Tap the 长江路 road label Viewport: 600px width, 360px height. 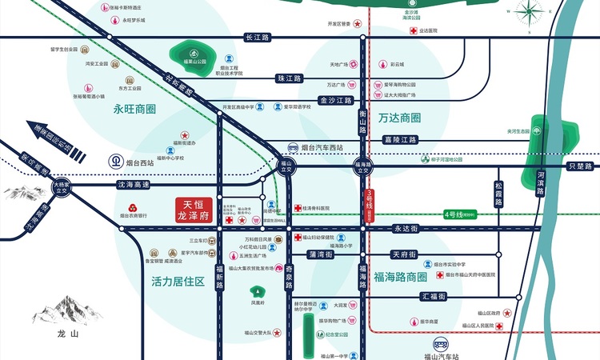[258, 38]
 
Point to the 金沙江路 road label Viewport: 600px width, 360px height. [336, 101]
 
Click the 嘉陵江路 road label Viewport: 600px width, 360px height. [401, 139]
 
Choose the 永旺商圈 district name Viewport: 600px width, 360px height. [134, 109]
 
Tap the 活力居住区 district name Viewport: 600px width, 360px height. [178, 282]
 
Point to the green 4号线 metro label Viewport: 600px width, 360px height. [462, 214]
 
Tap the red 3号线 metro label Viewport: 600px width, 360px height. [370, 200]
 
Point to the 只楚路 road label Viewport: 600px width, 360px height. [578, 166]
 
